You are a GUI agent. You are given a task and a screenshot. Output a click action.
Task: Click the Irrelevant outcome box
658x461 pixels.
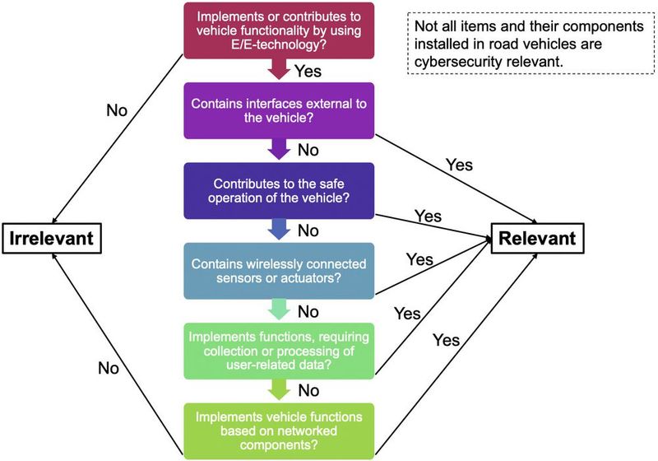click(x=52, y=240)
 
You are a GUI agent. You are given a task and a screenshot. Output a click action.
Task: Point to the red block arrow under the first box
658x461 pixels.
click(x=280, y=71)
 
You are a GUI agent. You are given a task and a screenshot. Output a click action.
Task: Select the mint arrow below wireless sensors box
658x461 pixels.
click(x=280, y=310)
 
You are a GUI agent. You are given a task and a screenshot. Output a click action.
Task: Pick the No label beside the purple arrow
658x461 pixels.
click(x=308, y=151)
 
